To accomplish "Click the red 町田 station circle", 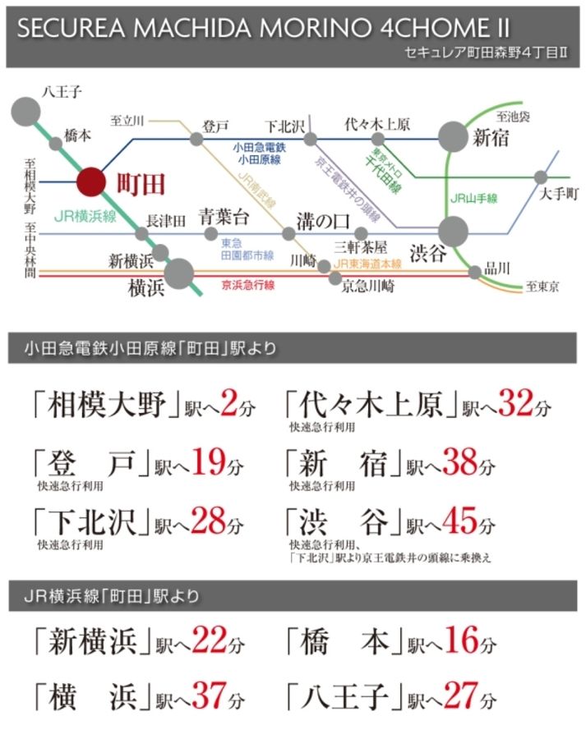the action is pos(91,181).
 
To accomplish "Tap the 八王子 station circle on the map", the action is pos(25,112).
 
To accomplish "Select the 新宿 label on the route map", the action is pos(491,138).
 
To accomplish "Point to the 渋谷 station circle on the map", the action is pos(453,231).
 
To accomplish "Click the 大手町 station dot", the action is pos(541,177).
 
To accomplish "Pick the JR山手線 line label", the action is pos(473,199).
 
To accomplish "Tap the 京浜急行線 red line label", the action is pos(248,285).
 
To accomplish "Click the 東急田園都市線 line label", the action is pos(247,250).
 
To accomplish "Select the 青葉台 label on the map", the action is pos(224,217).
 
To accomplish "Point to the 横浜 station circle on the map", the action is pos(179,273).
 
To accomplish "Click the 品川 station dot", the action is pos(475,272).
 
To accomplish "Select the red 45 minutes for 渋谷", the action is pos(460,521).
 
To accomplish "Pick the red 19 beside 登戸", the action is pos(209,461).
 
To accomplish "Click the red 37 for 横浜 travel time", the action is pos(209,695).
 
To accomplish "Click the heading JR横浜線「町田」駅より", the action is pos(111,596).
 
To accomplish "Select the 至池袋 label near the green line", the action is pos(513,117).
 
